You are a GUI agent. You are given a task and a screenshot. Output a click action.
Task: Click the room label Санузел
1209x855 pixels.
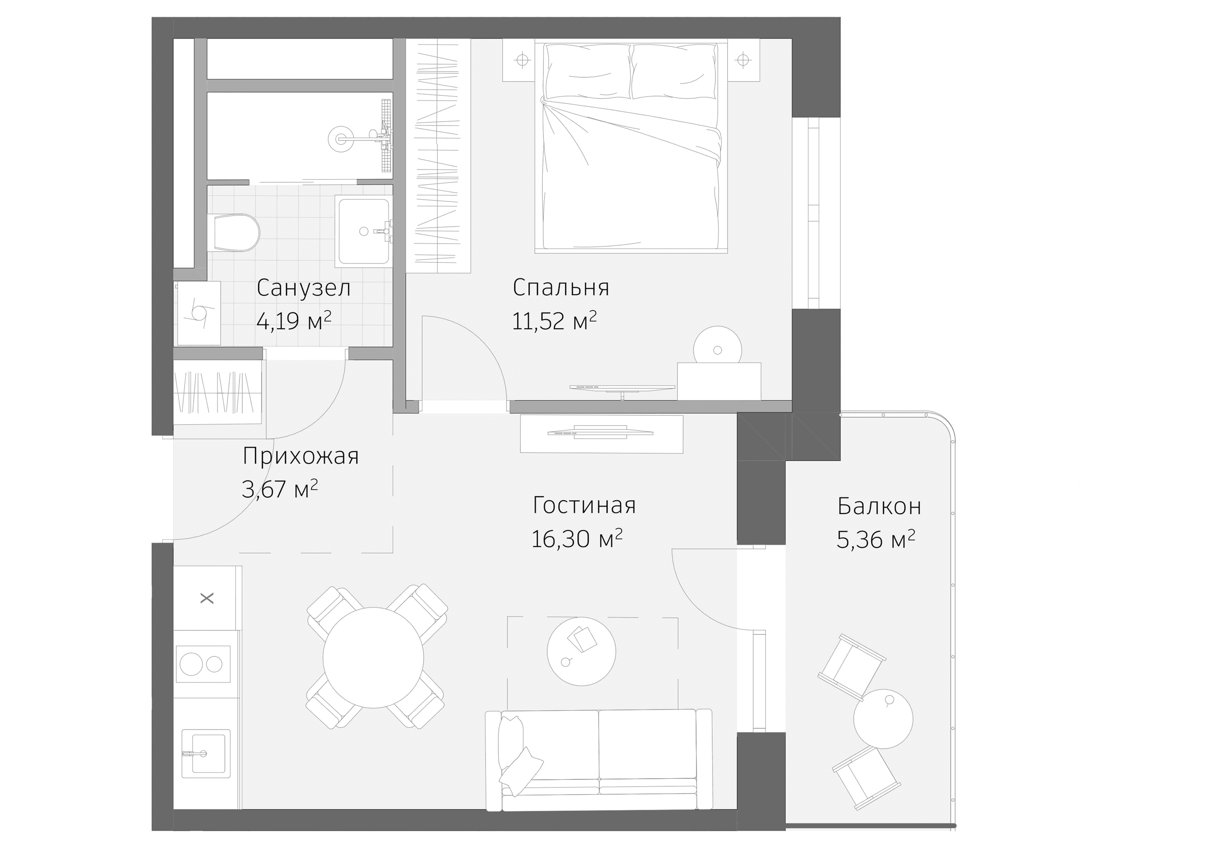(x=303, y=288)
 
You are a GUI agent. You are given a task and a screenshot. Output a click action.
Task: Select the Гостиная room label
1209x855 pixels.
(x=584, y=506)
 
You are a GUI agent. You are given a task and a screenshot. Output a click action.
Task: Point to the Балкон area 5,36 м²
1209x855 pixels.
(x=875, y=540)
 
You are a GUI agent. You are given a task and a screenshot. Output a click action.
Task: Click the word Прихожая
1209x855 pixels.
(x=300, y=456)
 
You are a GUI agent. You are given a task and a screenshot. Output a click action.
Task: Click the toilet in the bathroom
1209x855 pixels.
(x=234, y=232)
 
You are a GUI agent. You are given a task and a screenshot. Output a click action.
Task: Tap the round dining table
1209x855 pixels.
(x=373, y=658)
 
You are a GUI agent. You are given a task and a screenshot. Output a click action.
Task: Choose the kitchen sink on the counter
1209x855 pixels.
(x=205, y=753)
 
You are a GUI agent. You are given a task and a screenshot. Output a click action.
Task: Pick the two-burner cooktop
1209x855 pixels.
(x=203, y=664)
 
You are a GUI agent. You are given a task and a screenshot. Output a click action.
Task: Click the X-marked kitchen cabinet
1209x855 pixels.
(x=207, y=598)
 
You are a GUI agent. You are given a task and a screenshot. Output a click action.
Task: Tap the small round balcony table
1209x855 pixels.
(x=883, y=719)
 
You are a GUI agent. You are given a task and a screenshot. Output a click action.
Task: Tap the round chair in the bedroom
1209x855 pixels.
(x=717, y=347)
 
